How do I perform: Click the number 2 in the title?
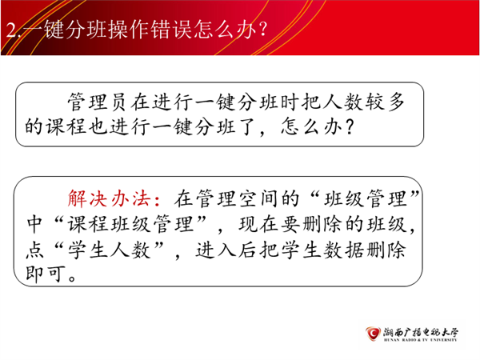[11, 30]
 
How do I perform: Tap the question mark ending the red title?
[262, 30]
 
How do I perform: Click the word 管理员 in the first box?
[97, 102]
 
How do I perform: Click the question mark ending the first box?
[350, 126]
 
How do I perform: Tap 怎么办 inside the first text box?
[311, 126]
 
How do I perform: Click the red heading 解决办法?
[109, 199]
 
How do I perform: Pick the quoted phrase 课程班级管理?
[130, 224]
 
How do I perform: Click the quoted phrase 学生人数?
[109, 250]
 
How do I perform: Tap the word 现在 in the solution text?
[259, 224]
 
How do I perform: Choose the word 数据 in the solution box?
[343, 250]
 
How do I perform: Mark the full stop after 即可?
[73, 278]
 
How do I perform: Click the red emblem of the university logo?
[373, 333]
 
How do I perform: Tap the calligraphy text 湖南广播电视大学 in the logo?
[421, 332]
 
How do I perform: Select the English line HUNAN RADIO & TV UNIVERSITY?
[420, 340]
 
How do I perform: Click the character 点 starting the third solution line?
[34, 250]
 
